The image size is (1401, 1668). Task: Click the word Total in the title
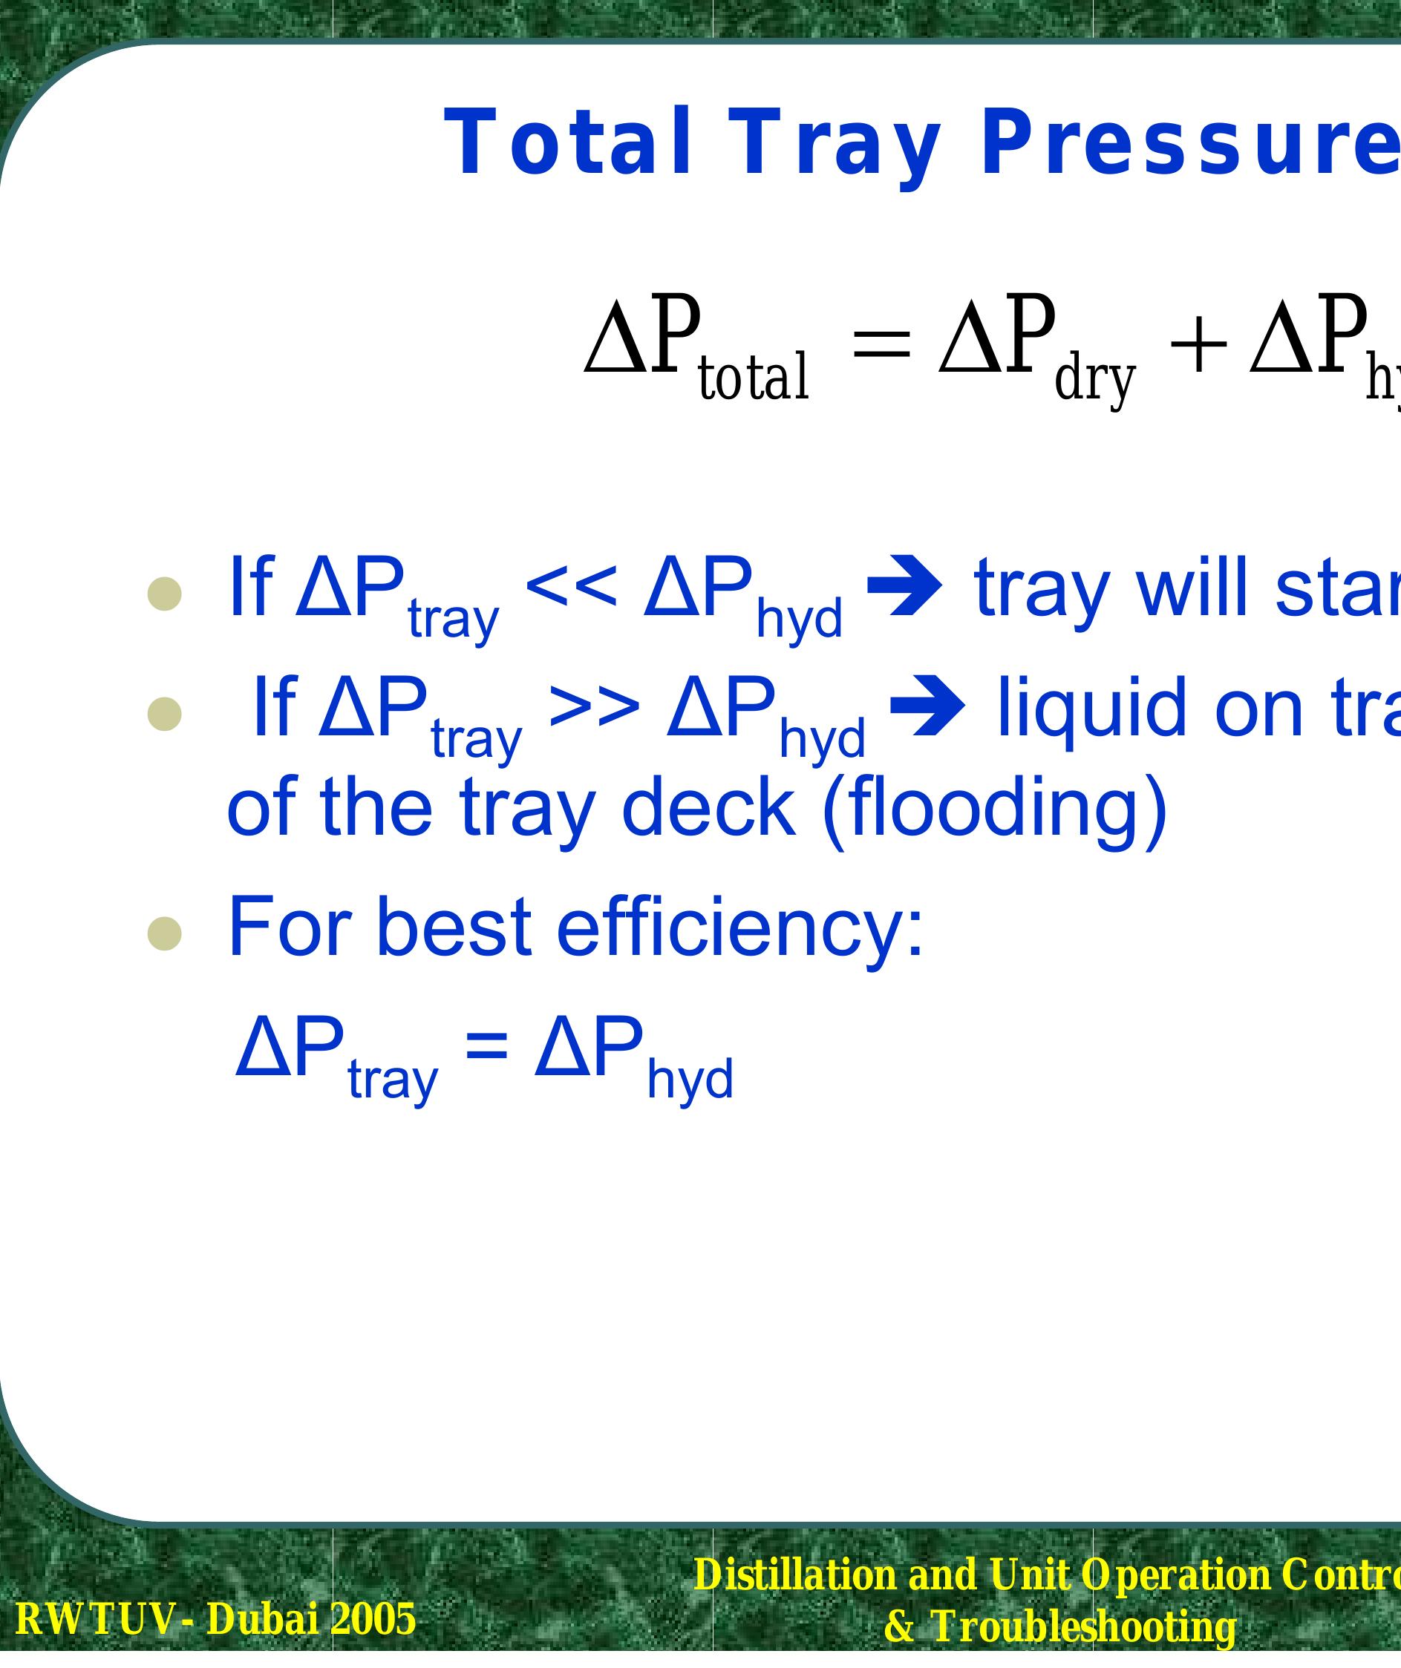[x=566, y=143]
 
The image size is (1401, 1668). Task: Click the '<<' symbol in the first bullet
[x=571, y=588]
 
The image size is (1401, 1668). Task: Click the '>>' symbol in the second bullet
[x=594, y=708]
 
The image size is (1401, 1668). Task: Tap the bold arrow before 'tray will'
[x=904, y=588]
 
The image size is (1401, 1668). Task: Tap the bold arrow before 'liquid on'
[x=927, y=707]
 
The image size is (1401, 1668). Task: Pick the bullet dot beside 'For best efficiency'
[x=165, y=934]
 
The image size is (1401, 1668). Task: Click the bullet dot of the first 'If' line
[x=165, y=594]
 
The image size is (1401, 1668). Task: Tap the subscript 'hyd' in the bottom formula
[x=689, y=1080]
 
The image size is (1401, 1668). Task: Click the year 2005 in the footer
[x=373, y=1620]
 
